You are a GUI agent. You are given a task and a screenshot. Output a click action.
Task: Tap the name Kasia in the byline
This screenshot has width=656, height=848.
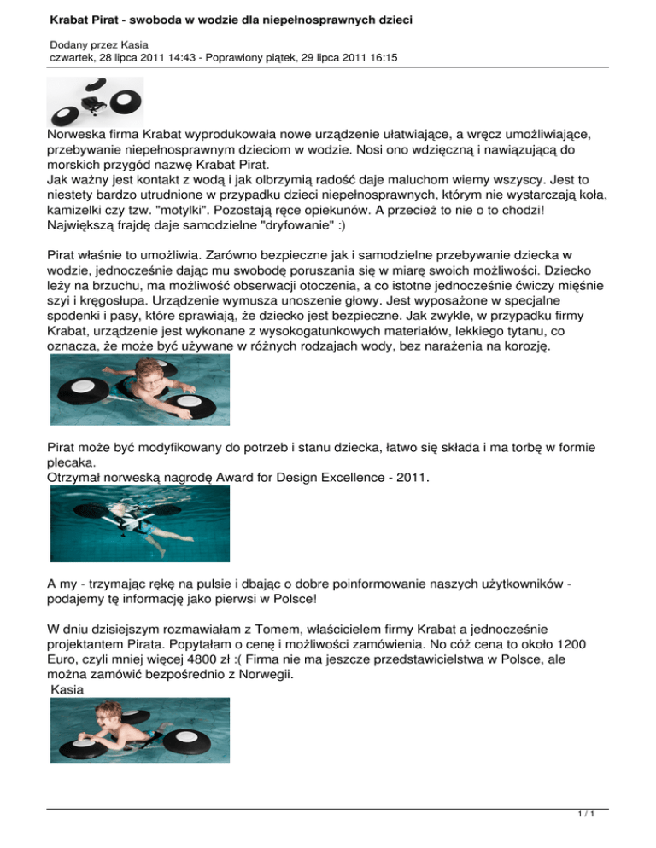(x=135, y=44)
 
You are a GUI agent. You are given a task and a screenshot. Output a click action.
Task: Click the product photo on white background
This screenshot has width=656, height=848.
(x=96, y=102)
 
